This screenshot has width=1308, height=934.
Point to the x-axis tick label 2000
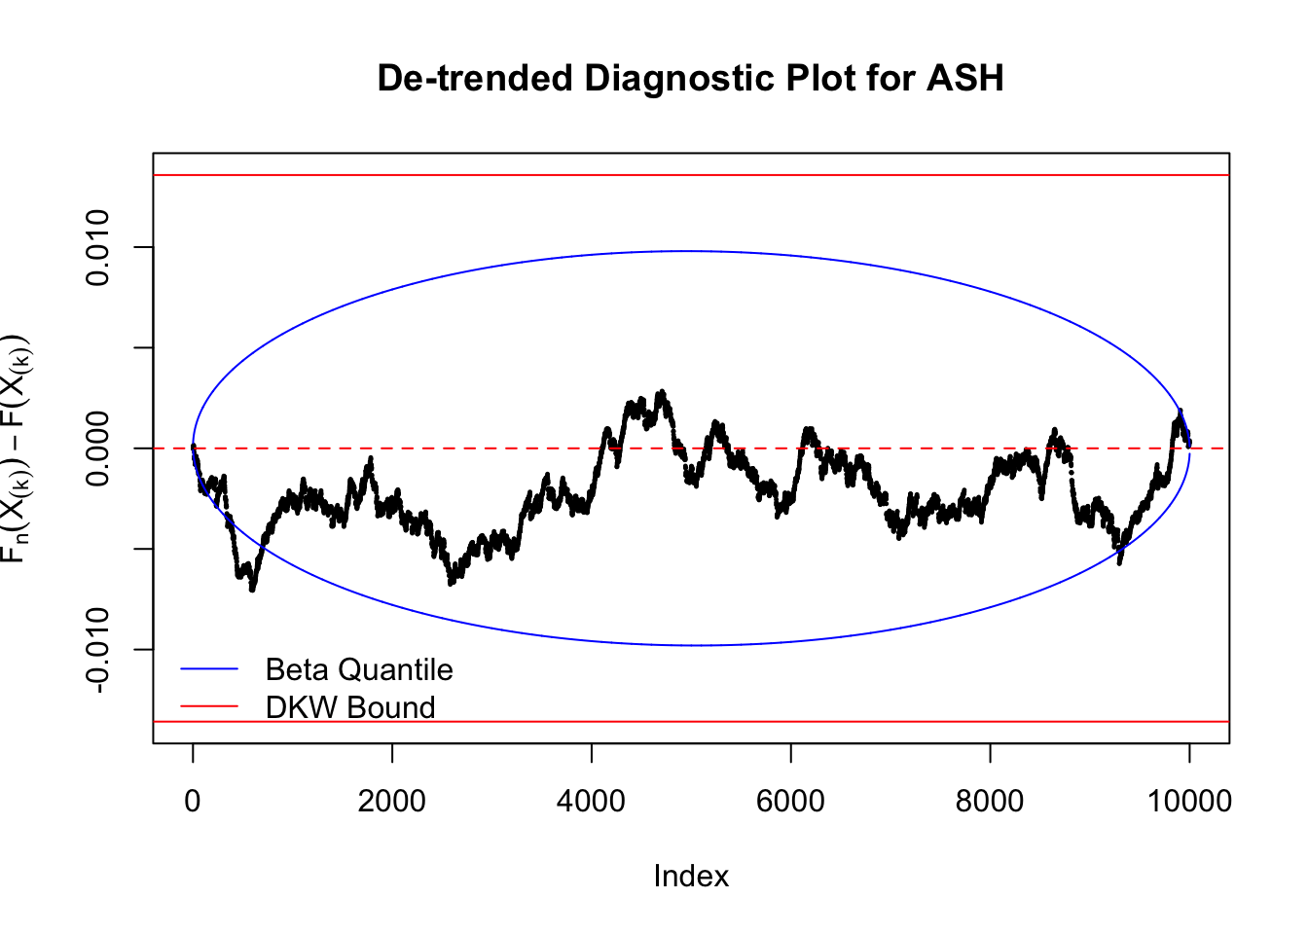point(391,802)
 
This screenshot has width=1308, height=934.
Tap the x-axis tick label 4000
point(591,802)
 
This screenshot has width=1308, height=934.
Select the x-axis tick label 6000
point(790,802)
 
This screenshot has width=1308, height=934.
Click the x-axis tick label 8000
point(990,802)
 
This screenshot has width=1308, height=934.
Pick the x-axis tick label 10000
point(1188,802)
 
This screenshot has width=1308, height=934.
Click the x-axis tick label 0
point(193,802)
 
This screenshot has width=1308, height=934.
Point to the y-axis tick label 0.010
point(98,247)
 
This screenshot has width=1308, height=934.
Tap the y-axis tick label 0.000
point(98,449)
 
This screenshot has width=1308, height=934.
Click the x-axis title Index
point(691,877)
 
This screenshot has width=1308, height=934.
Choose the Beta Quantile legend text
point(359,669)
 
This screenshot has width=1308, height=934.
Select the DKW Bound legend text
point(350,707)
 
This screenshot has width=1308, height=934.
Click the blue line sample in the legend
point(209,669)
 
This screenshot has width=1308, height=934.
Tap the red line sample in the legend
point(209,706)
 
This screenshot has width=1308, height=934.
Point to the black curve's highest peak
point(662,391)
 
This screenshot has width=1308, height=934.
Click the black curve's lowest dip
point(253,590)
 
